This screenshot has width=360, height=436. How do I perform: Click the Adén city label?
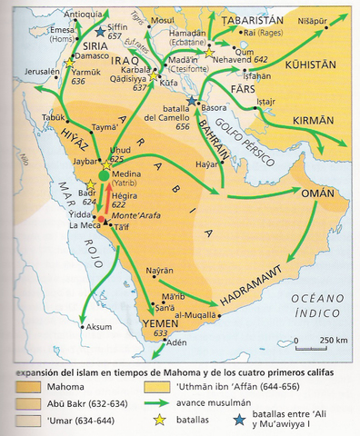pos(186,345)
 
